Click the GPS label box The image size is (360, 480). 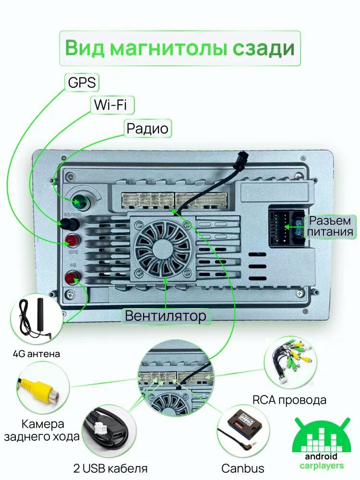[82, 83]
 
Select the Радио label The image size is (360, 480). [147, 129]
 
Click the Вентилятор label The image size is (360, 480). [166, 315]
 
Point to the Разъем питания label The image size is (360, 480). [331, 227]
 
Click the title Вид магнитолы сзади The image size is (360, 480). [180, 48]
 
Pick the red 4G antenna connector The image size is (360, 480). [73, 277]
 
